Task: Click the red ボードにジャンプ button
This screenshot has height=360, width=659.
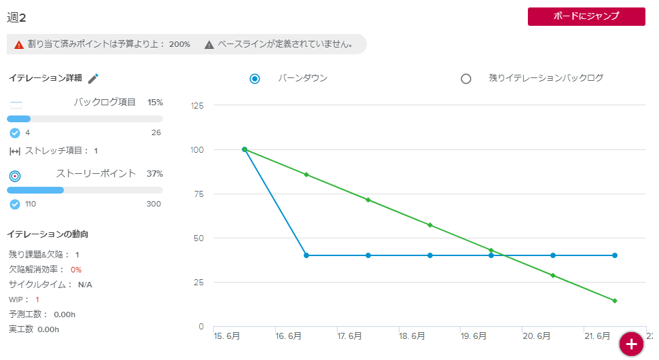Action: pos(586,17)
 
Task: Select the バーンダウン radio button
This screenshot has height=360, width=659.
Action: pos(255,79)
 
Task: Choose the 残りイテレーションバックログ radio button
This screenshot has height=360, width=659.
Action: pos(466,79)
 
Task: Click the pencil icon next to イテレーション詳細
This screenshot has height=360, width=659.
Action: pos(94,79)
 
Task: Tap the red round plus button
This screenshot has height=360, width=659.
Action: pos(631,344)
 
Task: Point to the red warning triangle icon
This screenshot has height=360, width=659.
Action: pos(19,45)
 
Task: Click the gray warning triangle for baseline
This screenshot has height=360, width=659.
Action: pos(209,45)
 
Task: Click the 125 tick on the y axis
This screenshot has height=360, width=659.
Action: pos(198,105)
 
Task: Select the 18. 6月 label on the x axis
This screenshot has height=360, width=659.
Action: pos(412,336)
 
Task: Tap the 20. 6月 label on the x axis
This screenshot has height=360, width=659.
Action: pos(535,336)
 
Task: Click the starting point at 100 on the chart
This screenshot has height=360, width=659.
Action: pos(245,149)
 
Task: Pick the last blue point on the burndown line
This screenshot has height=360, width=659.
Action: pos(615,255)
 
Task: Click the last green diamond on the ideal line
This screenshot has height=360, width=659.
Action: pos(615,300)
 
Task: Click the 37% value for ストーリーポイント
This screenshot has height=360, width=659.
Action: pos(155,174)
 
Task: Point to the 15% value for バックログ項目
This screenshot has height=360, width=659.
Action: pos(155,103)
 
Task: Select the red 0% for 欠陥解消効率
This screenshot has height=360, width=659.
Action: pos(76,270)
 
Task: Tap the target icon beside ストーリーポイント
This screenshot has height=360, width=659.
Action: pos(15,176)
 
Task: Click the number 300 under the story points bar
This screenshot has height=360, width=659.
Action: pos(154,204)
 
